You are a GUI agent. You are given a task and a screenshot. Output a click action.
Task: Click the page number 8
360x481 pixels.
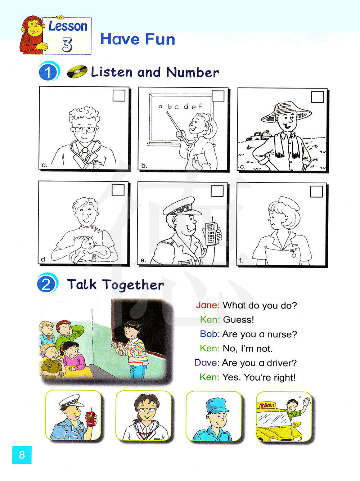click(22, 454)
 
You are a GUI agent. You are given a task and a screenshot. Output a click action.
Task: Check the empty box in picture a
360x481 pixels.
click(119, 95)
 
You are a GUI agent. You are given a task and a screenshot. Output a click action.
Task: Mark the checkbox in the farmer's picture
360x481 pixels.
click(317, 97)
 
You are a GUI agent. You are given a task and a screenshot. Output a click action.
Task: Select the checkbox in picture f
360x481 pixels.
click(316, 192)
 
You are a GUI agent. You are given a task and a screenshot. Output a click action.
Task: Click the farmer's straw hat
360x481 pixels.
click(286, 112)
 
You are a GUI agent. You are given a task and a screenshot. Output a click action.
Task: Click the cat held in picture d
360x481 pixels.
click(90, 249)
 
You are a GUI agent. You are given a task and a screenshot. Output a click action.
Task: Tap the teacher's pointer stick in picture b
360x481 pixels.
click(177, 129)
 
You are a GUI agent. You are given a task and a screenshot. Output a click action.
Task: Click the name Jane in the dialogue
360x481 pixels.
click(207, 305)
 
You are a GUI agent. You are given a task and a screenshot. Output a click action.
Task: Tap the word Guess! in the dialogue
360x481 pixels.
click(239, 320)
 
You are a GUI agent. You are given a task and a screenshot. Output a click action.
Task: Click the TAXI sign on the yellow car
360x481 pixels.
click(267, 405)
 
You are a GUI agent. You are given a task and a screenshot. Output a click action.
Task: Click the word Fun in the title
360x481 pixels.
click(160, 39)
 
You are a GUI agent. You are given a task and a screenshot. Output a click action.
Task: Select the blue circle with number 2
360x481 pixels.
click(46, 284)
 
